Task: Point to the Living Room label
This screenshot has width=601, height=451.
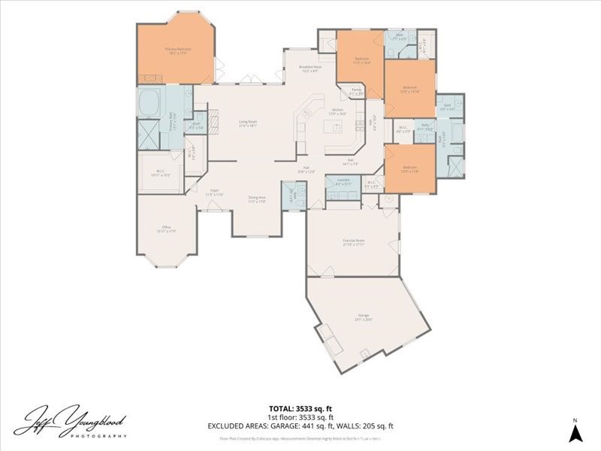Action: coord(248,123)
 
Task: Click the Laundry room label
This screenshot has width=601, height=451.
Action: coord(343,183)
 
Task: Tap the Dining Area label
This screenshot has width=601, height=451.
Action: coord(257,199)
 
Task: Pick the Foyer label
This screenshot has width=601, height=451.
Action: coord(214,192)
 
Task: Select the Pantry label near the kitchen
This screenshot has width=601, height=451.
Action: coord(356,92)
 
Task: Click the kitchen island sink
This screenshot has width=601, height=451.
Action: coord(337,127)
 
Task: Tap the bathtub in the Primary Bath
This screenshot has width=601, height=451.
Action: coord(149,102)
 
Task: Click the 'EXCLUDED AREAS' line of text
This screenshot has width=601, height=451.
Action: coord(300,425)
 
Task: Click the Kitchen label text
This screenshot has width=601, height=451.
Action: coord(337,112)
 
